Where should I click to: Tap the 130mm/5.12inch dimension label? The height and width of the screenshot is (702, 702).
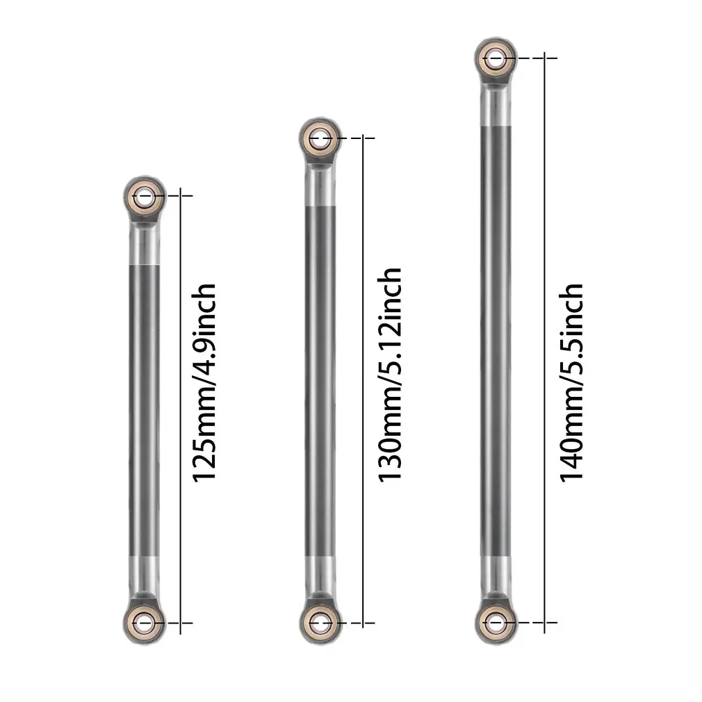tap(389, 375)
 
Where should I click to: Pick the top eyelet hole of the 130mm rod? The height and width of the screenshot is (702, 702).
tap(320, 138)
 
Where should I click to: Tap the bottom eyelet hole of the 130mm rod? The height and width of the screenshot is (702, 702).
tap(320, 621)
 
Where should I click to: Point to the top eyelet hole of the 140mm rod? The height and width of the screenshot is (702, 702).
tap(494, 58)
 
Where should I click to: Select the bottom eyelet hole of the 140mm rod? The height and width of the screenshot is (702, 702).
tap(494, 621)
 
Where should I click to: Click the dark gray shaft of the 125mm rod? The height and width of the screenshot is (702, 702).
tap(145, 410)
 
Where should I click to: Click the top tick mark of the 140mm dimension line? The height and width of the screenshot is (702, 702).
tap(545, 58)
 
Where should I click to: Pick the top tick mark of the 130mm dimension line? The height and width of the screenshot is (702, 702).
tap(362, 138)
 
